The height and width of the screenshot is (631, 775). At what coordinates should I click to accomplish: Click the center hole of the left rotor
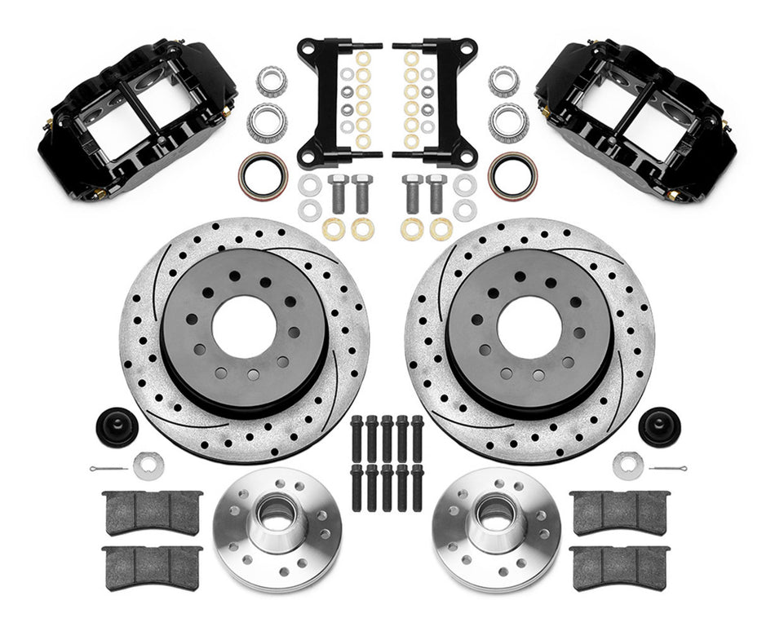244,326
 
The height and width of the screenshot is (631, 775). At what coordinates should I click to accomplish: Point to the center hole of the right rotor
529,326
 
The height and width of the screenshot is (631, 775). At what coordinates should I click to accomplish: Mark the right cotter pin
667,468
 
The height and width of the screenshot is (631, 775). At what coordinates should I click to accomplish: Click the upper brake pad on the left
153,512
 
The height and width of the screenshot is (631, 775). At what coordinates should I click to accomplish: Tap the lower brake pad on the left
153,566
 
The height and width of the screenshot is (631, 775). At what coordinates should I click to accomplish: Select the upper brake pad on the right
620,512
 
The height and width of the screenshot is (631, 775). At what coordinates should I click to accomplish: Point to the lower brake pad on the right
620,566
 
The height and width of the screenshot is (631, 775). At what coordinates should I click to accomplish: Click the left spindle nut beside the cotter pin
148,466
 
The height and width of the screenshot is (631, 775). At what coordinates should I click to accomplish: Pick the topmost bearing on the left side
271,81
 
